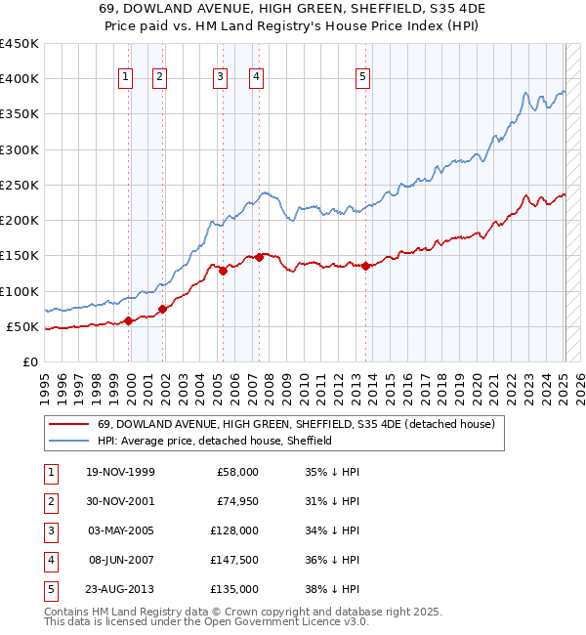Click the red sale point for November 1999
point(128,320)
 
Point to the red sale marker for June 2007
point(259,258)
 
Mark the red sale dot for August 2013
point(365,266)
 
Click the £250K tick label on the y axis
point(20,185)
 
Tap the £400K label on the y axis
point(20,79)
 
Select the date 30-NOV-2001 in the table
point(122,501)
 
